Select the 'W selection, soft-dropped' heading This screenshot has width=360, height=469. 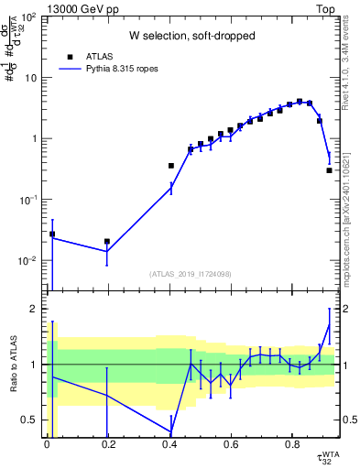tap(191, 37)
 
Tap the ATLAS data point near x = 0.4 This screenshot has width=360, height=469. tap(170, 166)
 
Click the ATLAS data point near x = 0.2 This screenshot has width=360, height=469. tap(107, 242)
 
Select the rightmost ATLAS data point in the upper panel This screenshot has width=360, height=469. tap(329, 170)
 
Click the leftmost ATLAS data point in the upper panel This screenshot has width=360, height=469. tap(52, 234)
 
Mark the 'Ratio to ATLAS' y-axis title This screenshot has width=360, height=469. tap(12, 365)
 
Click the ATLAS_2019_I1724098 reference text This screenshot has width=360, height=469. tap(191, 274)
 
